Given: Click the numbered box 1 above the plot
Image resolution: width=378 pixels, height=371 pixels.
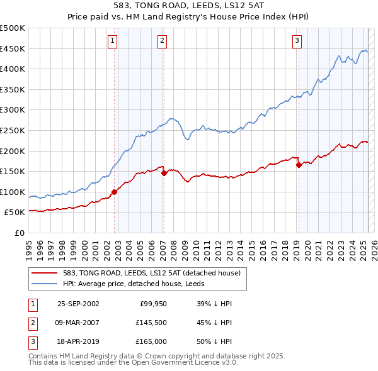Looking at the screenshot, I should click(112, 42).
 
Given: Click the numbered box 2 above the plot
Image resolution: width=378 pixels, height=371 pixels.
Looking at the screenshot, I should click(162, 42).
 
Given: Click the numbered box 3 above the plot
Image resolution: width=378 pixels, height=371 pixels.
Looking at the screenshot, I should click(296, 42).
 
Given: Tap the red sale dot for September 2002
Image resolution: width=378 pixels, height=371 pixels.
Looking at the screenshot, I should click(115, 192).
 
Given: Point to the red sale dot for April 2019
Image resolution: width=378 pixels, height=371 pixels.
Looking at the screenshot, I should click(299, 165).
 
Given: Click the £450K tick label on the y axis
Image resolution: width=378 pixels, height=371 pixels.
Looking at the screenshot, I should click(13, 49).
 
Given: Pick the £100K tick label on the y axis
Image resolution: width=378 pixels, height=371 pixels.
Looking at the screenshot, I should click(13, 192).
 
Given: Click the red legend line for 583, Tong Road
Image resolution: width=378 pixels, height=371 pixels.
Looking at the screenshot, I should click(45, 273).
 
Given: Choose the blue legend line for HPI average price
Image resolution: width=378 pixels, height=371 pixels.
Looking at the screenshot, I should click(45, 284).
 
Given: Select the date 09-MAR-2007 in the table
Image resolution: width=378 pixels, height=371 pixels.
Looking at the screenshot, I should click(78, 323).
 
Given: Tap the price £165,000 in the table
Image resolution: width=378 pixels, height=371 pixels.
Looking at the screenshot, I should click(151, 341).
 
